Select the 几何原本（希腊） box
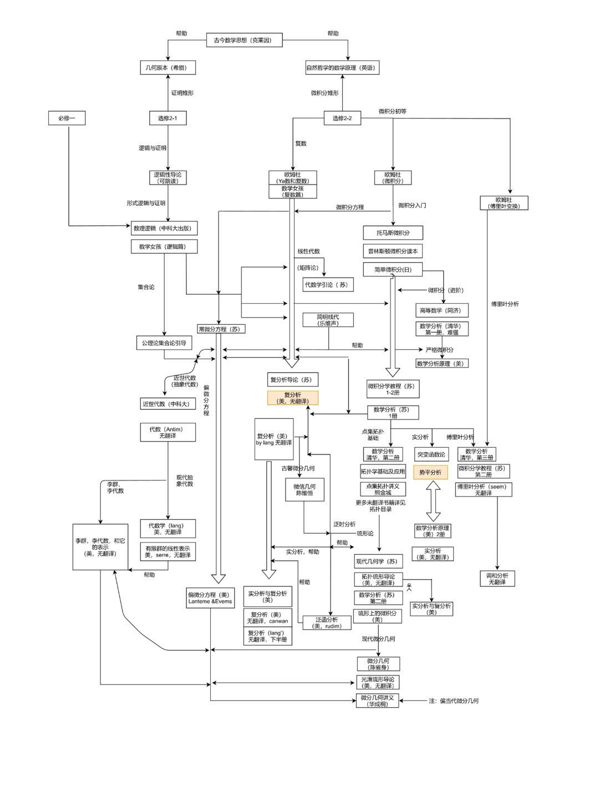tap(167, 68)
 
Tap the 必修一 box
tap(67, 117)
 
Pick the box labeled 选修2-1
tap(167, 118)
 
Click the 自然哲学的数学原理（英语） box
tap(342, 68)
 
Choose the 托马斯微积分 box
tap(393, 233)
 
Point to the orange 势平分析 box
tap(430, 472)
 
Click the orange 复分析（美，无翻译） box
tap(293, 398)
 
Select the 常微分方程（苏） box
tap(221, 329)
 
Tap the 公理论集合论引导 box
tap(164, 343)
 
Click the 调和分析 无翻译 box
tap(497, 579)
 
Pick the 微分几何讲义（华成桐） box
tap(377, 700)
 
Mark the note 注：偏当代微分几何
tap(453, 700)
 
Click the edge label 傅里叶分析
tap(505, 304)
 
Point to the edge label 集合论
tap(146, 287)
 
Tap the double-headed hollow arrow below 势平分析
tap(433, 501)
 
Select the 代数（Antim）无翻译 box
tap(167, 432)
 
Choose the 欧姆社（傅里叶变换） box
tap(504, 203)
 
